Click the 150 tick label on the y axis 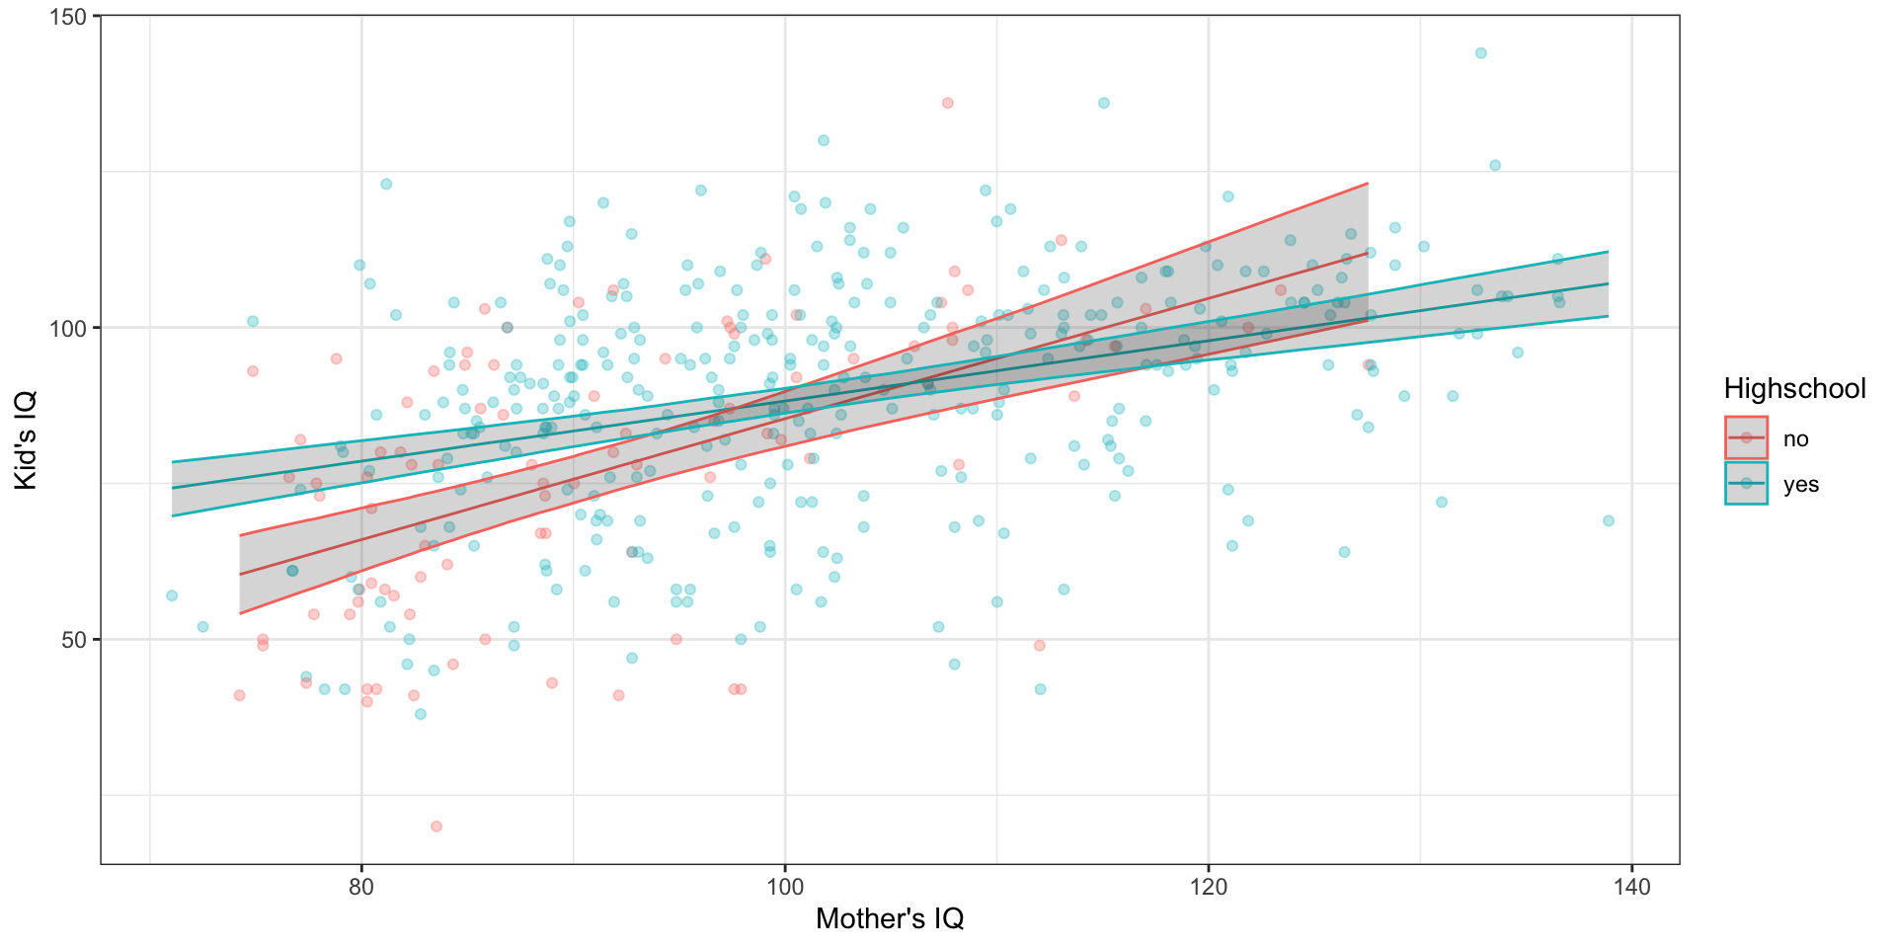[x=73, y=17]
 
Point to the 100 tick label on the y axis [x=73, y=328]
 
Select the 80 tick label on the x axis [x=361, y=887]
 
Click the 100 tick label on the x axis [x=785, y=887]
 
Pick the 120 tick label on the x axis [x=1209, y=887]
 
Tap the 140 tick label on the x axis [x=1631, y=887]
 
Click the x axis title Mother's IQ [x=889, y=919]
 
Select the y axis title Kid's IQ [x=26, y=440]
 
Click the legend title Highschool [x=1794, y=389]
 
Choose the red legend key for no [x=1746, y=438]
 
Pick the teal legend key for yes [x=1746, y=484]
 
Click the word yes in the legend [x=1800, y=485]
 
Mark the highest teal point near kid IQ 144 [x=1480, y=53]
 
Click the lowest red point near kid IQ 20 [x=435, y=827]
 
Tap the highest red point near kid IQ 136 [x=947, y=103]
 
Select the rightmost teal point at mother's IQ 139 [x=1608, y=520]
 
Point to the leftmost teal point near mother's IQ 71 [x=172, y=595]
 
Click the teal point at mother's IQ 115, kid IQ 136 [x=1103, y=103]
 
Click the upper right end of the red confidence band [x=1367, y=184]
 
